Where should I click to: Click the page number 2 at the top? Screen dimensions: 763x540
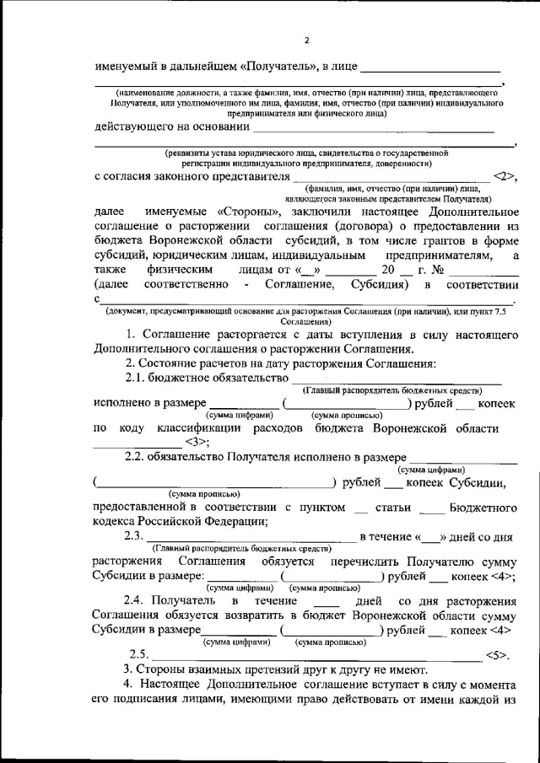click(x=307, y=40)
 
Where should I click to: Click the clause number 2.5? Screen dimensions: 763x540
click(x=138, y=653)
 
